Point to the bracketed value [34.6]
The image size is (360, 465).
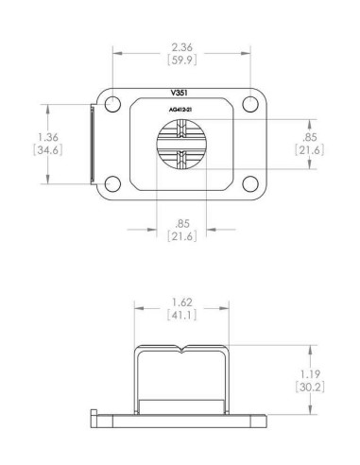coord(32,150)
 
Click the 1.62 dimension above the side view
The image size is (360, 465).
coord(181,302)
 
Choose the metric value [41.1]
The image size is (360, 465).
coord(181,316)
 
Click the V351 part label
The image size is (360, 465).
coord(181,95)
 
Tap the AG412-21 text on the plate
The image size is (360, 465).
coord(181,110)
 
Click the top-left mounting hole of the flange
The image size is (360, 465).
coord(113,103)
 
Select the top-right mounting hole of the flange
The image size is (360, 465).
coord(249,103)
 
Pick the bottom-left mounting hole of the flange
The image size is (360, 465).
coord(113,183)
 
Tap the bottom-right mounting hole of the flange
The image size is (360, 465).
coord(249,183)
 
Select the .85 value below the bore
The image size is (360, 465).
coord(181,223)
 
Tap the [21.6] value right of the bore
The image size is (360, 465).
coord(309,150)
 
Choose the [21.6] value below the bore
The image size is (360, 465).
coord(181,236)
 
